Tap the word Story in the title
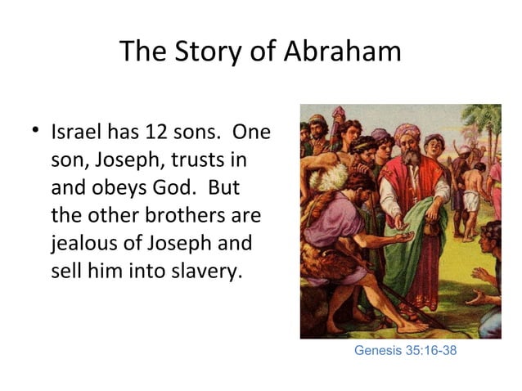coord(205,52)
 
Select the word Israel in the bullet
coord(76,132)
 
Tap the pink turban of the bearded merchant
coord(407,132)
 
